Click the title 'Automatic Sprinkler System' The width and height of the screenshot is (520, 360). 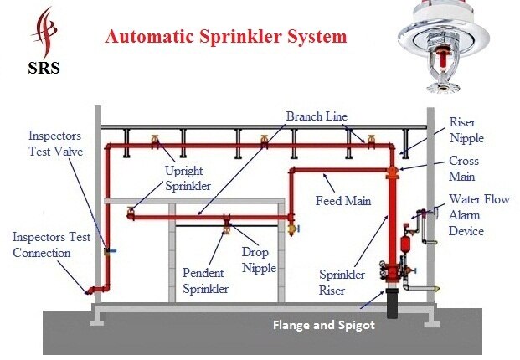point(224,38)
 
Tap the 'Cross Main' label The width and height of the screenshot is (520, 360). point(464,169)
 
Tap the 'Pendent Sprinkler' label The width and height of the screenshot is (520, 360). point(206,280)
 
